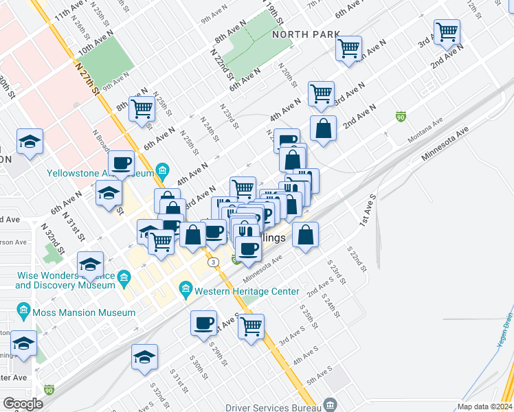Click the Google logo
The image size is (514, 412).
[x=23, y=404]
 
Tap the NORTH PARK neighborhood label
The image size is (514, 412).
[x=306, y=34]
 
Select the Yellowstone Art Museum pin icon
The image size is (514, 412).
[x=163, y=169]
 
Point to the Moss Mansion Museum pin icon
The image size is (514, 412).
[x=25, y=312]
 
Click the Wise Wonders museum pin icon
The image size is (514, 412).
[x=124, y=277]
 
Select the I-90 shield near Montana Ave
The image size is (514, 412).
[x=400, y=117]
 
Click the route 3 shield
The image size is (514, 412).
[x=214, y=262]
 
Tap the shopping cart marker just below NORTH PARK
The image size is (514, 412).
[x=348, y=47]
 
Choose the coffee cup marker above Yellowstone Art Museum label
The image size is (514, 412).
[x=122, y=163]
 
